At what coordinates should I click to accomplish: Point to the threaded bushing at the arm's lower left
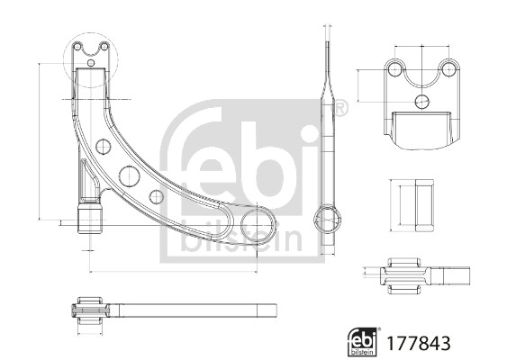[x=90, y=219]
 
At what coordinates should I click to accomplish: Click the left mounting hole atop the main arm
[x=78, y=46]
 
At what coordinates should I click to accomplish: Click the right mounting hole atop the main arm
[x=104, y=46]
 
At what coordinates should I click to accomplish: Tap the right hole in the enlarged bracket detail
[x=446, y=70]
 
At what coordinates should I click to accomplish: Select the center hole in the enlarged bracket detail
[x=421, y=101]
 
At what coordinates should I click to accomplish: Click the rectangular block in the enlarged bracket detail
[x=421, y=128]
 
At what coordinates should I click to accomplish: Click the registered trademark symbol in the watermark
[x=340, y=110]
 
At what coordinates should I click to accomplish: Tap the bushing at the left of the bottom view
[x=89, y=311]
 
